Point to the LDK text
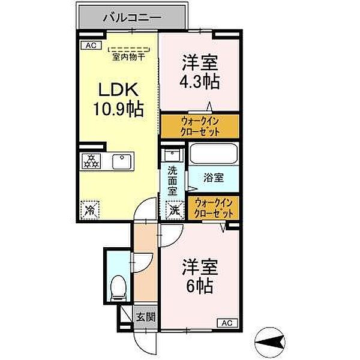119,90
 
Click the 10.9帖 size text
119,110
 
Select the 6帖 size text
199,286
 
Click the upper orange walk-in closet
199,127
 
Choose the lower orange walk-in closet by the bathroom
213,208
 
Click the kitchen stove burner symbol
91,161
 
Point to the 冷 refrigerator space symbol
89,208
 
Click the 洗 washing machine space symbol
173,210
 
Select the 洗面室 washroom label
173,181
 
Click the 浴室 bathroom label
213,178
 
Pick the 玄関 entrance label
145,316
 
